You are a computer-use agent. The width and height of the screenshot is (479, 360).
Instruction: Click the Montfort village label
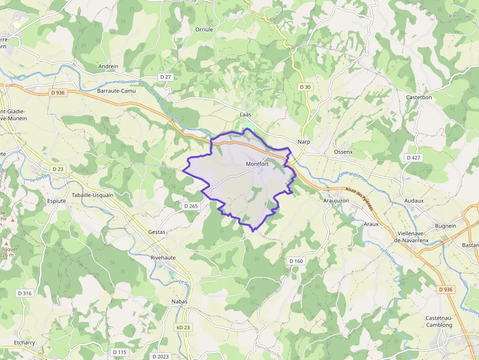pyautogui.click(x=257, y=164)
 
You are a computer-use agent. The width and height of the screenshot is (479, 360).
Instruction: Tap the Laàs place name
pyautogui.click(x=245, y=114)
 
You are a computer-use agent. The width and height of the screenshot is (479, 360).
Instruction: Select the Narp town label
pyautogui.click(x=304, y=142)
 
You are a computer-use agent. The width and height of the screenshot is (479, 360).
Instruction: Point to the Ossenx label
pyautogui.click(x=343, y=152)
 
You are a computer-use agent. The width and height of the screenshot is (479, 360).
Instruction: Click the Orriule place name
pyautogui.click(x=204, y=29)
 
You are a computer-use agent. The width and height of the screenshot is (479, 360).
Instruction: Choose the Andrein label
pyautogui.click(x=108, y=66)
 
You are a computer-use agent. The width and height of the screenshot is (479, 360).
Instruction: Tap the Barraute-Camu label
pyautogui.click(x=116, y=91)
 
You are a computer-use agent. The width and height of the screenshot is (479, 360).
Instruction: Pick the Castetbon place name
pyautogui.click(x=419, y=97)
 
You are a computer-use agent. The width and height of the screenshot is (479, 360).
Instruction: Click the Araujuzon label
pyautogui.click(x=336, y=201)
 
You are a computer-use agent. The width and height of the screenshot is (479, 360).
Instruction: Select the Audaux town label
pyautogui.click(x=414, y=201)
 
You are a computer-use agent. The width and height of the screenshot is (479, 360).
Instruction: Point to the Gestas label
pyautogui.click(x=157, y=232)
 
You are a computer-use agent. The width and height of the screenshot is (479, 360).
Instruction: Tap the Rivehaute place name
pyautogui.click(x=163, y=257)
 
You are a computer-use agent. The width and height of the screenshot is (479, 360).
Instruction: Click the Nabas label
pyautogui.click(x=179, y=301)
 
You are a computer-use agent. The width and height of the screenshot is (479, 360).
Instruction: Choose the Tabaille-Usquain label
pyautogui.click(x=92, y=195)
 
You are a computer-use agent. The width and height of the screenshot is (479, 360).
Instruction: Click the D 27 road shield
pyautogui.click(x=166, y=77)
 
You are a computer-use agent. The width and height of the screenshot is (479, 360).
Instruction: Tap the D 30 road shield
pyautogui.click(x=305, y=87)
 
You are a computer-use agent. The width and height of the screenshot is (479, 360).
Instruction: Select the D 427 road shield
pyautogui.click(x=414, y=157)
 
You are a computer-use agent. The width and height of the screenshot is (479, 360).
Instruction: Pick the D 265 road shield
pyautogui.click(x=191, y=206)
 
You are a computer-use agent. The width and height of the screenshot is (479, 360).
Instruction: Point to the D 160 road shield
pyautogui.click(x=296, y=261)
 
